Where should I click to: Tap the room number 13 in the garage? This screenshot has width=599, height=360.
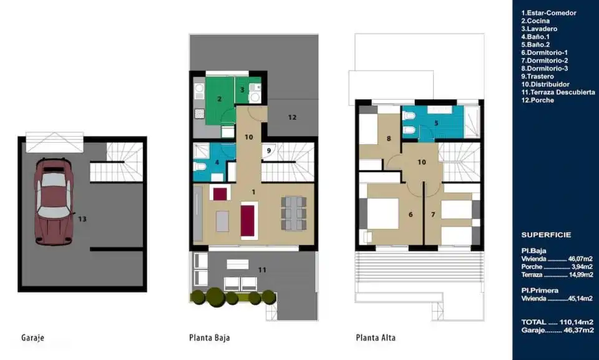click(82, 218)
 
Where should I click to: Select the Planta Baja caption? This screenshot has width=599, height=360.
click(209, 338)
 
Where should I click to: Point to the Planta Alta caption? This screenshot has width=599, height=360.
click(376, 338)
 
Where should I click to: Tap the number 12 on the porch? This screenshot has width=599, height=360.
click(292, 117)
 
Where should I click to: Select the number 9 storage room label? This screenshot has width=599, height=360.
click(269, 150)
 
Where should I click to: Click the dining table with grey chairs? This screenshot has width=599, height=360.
click(294, 213)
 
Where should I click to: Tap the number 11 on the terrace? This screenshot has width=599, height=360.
click(262, 270)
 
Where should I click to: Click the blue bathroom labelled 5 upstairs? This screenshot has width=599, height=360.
click(436, 123)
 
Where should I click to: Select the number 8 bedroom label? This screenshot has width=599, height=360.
click(389, 139)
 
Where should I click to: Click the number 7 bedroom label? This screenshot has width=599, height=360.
click(433, 215)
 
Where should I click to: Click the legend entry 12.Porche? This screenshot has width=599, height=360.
click(537, 100)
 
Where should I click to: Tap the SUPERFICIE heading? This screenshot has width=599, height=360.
click(546, 235)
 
